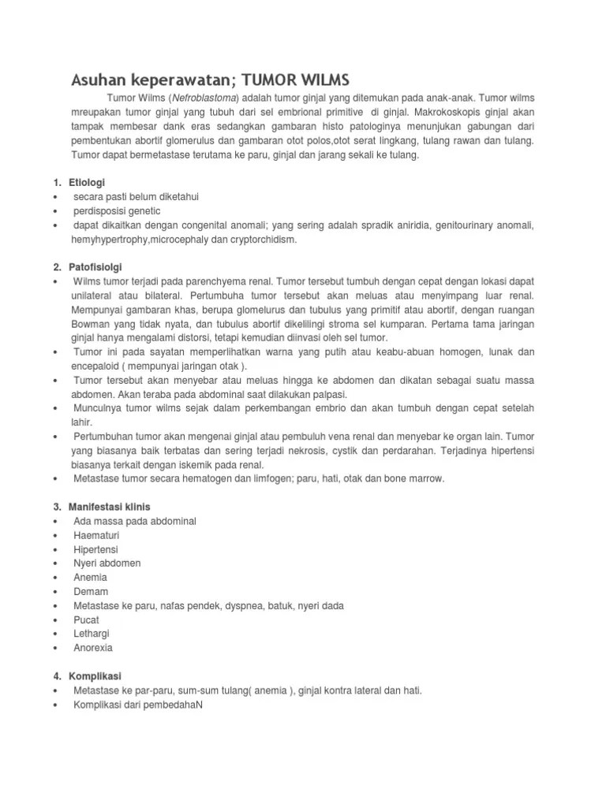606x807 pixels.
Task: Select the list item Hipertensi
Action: click(95, 549)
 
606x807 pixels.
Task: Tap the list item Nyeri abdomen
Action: click(107, 563)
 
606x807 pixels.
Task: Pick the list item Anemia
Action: click(91, 578)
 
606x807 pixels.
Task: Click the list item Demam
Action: click(90, 592)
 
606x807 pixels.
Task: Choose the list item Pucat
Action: click(87, 620)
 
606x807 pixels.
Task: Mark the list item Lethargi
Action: click(92, 634)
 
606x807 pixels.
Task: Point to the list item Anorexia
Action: click(93, 648)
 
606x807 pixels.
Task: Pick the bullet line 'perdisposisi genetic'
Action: click(116, 211)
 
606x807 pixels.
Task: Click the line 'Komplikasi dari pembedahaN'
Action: click(138, 705)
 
